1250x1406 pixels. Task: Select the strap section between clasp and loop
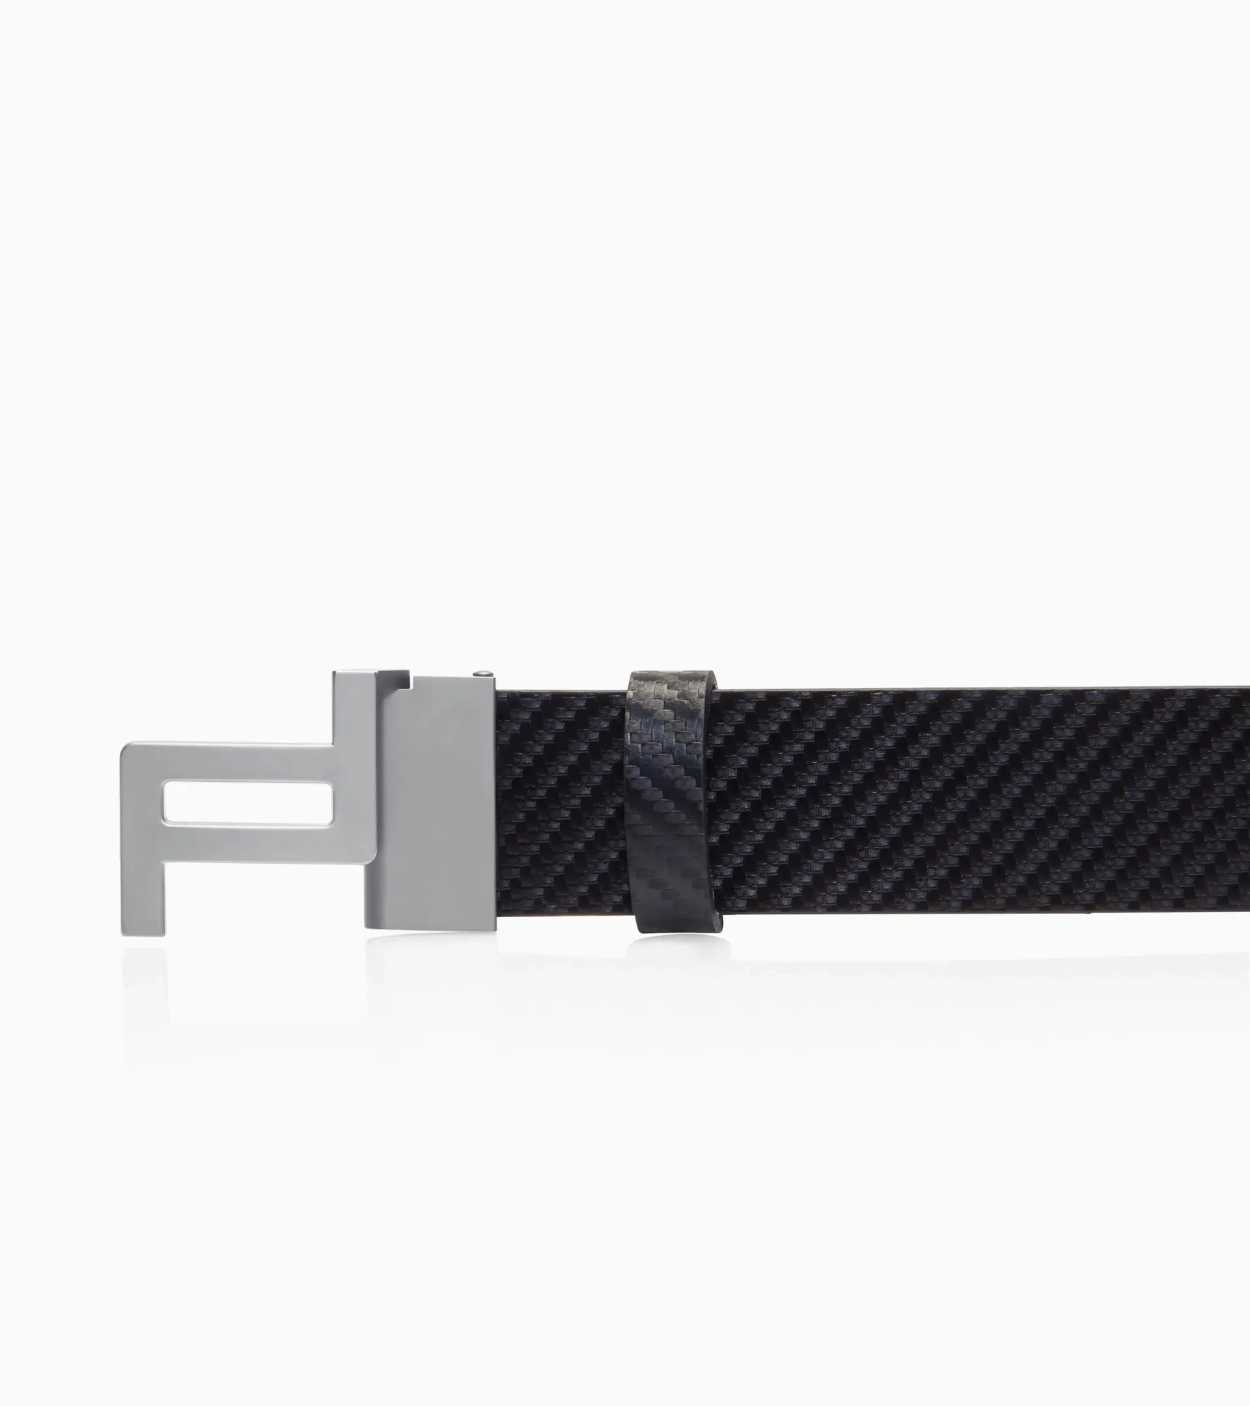(561, 805)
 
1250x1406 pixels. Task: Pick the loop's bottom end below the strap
(678, 923)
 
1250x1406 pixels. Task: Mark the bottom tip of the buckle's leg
(144, 932)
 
